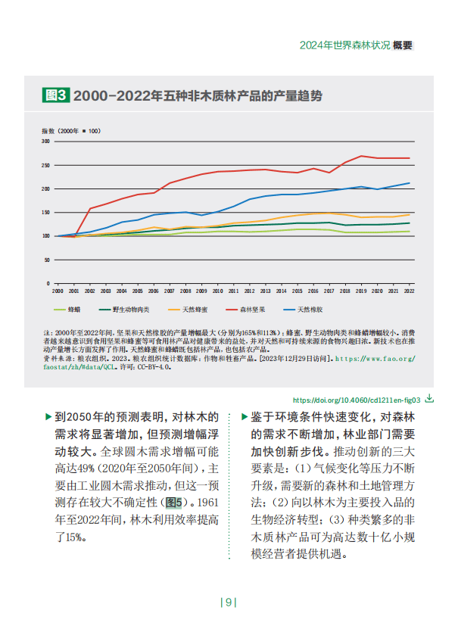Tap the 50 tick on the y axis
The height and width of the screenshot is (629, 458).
click(47, 260)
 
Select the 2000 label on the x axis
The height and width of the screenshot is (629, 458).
click(58, 290)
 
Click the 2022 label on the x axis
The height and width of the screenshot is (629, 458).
click(410, 290)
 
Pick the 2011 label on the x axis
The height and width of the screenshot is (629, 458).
click(234, 290)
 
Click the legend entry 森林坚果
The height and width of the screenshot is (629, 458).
click(253, 309)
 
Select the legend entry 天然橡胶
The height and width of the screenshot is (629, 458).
click(310, 309)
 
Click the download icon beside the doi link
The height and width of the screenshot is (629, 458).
click(429, 397)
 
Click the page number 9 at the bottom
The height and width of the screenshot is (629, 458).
click(229, 603)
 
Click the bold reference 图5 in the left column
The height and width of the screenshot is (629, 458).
click(174, 502)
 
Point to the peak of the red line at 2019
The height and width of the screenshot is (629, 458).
click(362, 156)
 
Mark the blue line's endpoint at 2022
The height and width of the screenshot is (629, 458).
click(410, 183)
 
